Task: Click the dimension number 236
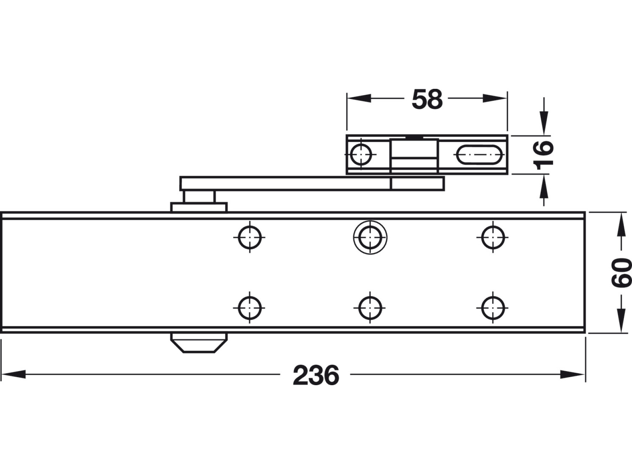pos(316,375)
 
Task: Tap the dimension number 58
pos(427,99)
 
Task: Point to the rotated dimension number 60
pos(621,272)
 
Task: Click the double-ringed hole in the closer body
pos(370,237)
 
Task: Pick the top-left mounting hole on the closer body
pos(250,237)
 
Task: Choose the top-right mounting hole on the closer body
pos(493,237)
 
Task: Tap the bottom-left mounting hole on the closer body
pos(250,308)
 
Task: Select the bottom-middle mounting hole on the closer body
pos(370,308)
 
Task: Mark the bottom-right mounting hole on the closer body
pos(493,308)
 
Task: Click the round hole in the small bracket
pos(361,154)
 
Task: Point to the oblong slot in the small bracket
pos(479,154)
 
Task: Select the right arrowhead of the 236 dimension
pos(572,374)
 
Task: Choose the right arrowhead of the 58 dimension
pos(495,98)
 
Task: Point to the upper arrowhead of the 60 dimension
pos(621,225)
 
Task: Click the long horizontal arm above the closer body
pos(284,183)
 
